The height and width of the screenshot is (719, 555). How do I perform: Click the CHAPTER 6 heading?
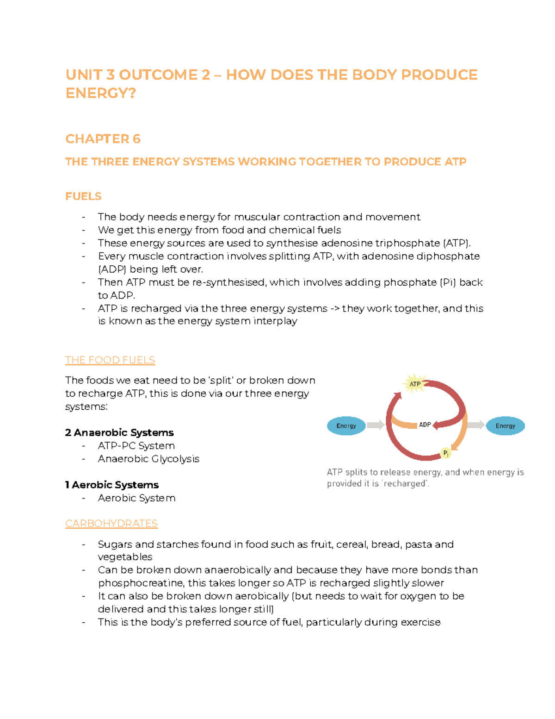coord(103,139)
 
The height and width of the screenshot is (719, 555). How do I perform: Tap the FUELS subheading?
coord(83,196)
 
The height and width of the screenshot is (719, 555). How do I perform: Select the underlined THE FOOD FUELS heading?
coord(110,360)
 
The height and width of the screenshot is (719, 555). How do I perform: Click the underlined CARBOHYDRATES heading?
coord(111,524)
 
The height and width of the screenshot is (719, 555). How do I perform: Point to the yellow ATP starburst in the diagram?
coord(415,384)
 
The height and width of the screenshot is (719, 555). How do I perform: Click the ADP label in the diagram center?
coord(425,425)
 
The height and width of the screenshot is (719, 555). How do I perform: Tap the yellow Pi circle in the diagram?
coord(446,453)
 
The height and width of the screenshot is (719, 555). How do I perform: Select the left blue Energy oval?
coord(346,426)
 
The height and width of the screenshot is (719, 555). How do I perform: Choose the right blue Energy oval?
coord(505,426)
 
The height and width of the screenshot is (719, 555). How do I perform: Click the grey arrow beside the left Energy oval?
coord(376,425)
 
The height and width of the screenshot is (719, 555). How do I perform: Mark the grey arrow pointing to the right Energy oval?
coord(475,425)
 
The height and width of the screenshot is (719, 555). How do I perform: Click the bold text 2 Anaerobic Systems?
coord(119,432)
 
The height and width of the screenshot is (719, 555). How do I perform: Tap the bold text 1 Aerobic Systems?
coord(112,485)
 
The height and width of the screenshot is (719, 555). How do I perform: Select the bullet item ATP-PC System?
coord(136,446)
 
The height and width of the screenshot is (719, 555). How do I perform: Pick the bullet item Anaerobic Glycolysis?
coord(148,459)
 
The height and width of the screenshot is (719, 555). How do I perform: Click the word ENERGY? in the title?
coord(101,94)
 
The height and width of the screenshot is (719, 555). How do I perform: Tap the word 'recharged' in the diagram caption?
coord(405,484)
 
